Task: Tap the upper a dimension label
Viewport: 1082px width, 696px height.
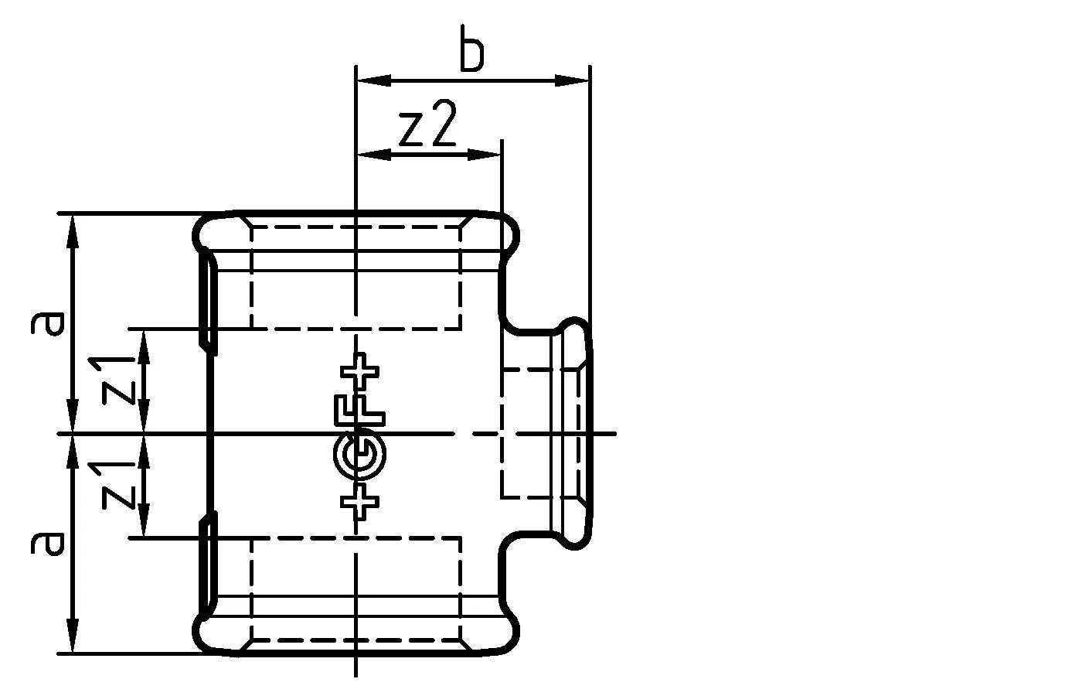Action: click(x=47, y=323)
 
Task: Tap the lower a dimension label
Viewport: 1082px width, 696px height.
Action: click(x=47, y=543)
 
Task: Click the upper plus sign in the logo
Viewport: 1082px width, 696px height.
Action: click(x=360, y=372)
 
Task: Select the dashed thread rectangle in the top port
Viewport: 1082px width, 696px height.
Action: click(x=356, y=277)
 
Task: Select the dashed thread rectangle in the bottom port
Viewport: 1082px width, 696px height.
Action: click(x=356, y=589)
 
